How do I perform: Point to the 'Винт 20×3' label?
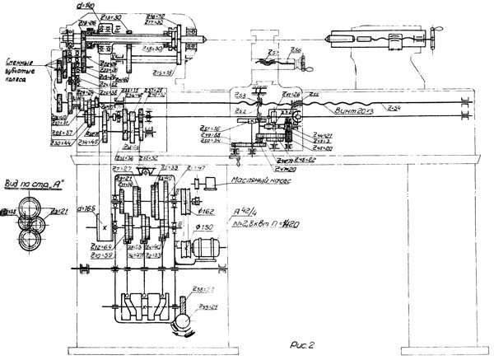[x=354, y=108]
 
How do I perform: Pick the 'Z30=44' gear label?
[x=59, y=143]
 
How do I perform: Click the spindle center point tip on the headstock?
[x=203, y=36]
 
